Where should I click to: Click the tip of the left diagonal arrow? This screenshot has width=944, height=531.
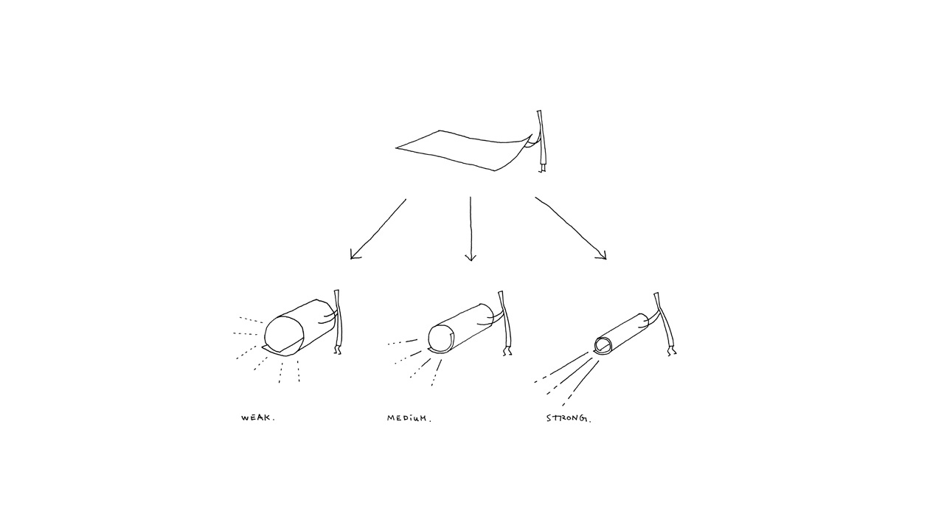352,258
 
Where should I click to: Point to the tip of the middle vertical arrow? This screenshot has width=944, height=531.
471,261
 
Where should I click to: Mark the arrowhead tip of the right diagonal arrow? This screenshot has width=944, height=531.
606,259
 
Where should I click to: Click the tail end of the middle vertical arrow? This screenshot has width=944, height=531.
471,197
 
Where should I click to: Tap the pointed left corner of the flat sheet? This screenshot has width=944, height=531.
396,148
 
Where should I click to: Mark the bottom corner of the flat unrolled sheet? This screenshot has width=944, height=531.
495,170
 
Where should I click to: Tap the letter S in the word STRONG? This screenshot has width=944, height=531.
549,418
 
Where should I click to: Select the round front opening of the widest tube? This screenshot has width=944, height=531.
284,335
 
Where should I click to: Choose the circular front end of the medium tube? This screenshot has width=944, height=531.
440,339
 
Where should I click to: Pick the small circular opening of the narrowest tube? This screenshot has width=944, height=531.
603,344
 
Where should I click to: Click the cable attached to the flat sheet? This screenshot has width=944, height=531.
541,141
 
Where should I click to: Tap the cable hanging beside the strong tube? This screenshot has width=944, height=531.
665,324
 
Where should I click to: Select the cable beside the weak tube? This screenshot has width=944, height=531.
338,322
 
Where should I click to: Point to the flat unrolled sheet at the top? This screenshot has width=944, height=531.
464,150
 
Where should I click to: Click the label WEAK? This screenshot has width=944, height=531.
258,418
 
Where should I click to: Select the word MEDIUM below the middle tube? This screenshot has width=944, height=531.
409,418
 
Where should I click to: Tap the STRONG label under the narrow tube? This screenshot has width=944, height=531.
569,418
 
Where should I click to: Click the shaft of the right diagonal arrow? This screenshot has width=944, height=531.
571,228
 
